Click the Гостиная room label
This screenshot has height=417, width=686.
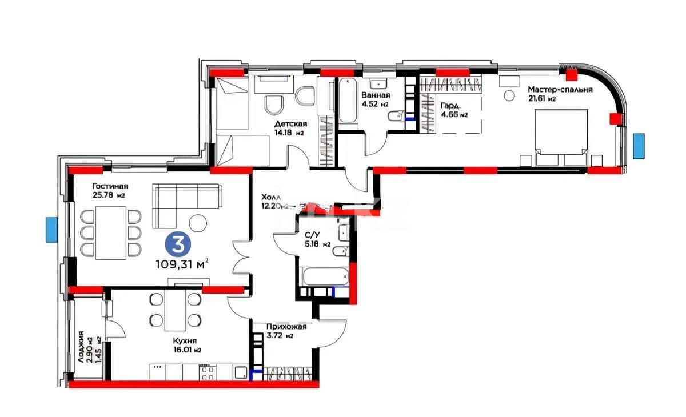click(109, 186)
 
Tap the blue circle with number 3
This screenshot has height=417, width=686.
click(178, 245)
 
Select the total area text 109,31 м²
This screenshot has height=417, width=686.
click(181, 264)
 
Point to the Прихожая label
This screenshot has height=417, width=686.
click(286, 327)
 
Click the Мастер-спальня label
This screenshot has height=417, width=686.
click(560, 90)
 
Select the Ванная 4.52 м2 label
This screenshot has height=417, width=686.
click(376, 99)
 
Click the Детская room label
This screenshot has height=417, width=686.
click(290, 125)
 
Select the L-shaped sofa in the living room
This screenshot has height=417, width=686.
click(186, 200)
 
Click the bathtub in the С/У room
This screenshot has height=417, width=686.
click(324, 276)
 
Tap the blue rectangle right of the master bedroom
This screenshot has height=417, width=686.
click(639, 145)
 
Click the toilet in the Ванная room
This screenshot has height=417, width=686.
click(394, 117)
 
